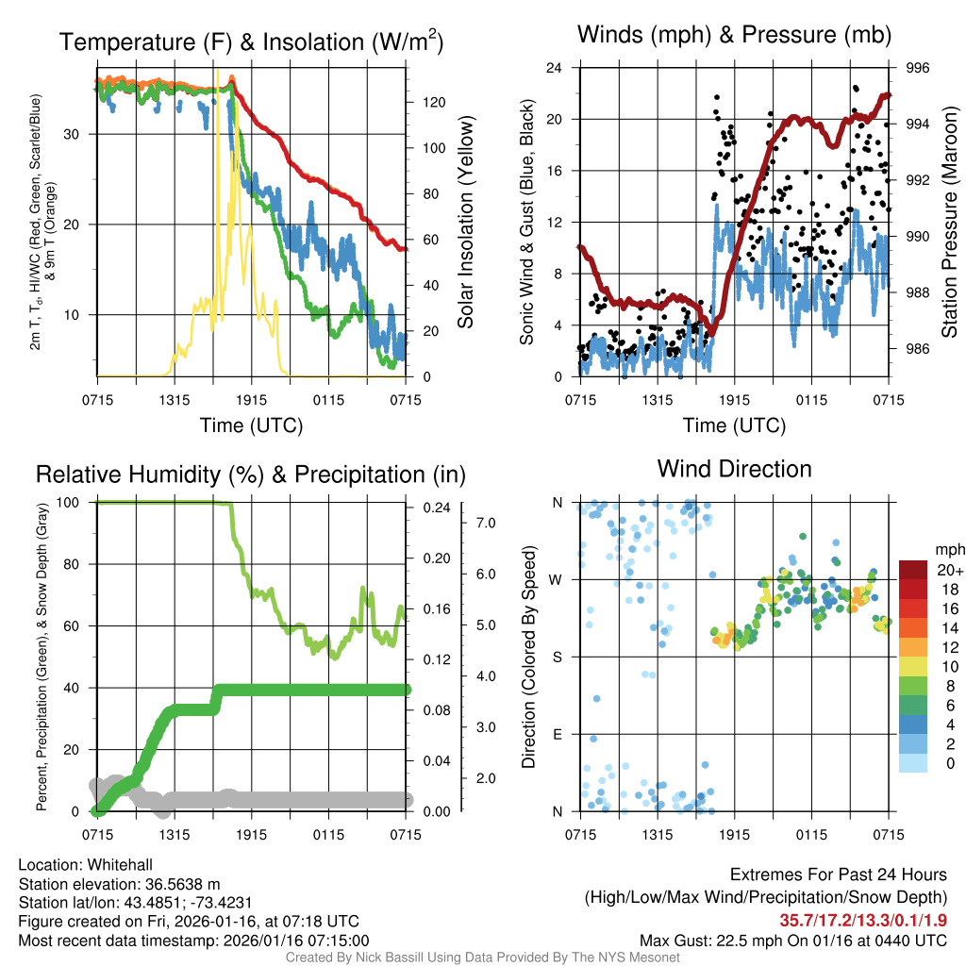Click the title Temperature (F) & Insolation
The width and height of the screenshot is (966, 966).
click(x=251, y=42)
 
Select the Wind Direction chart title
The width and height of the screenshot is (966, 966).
click(x=735, y=469)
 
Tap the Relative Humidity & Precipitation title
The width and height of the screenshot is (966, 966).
click(x=251, y=475)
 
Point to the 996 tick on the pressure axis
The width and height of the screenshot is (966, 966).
click(x=917, y=68)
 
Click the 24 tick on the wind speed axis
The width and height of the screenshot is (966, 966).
click(x=556, y=68)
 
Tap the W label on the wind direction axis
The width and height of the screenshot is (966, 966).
click(x=558, y=579)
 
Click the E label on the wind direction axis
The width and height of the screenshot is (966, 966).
click(x=558, y=734)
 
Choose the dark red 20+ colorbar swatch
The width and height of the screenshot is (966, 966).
click(x=913, y=570)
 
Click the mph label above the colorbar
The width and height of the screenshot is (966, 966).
click(x=946, y=549)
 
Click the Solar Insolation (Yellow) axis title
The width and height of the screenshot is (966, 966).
click(x=465, y=222)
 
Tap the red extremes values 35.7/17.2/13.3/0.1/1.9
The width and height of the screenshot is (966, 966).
click(x=863, y=919)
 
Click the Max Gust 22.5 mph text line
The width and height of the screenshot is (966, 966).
click(x=792, y=941)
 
